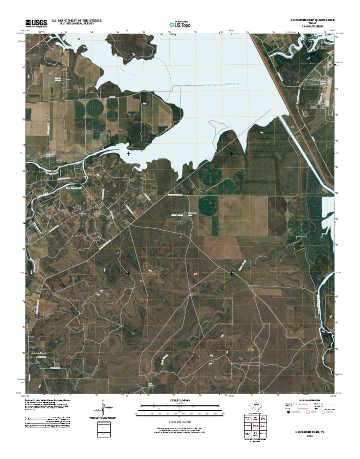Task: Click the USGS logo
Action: [x=37, y=22]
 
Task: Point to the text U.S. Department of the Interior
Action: [x=76, y=20]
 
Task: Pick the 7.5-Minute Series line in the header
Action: [x=311, y=27]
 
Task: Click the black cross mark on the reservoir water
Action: [x=128, y=153]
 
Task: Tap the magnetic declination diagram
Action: [x=102, y=407]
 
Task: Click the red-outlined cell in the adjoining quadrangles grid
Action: [x=256, y=426]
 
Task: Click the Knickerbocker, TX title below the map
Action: [x=309, y=430]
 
